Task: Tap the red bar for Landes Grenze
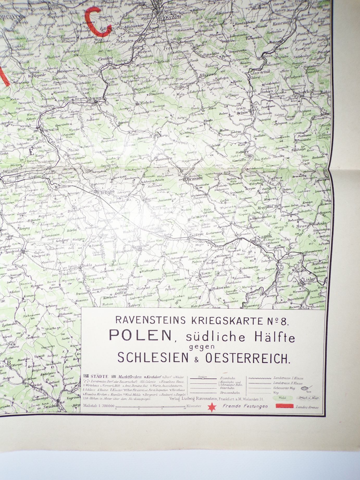[x=284, y=406]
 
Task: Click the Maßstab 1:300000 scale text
[x=98, y=406]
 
